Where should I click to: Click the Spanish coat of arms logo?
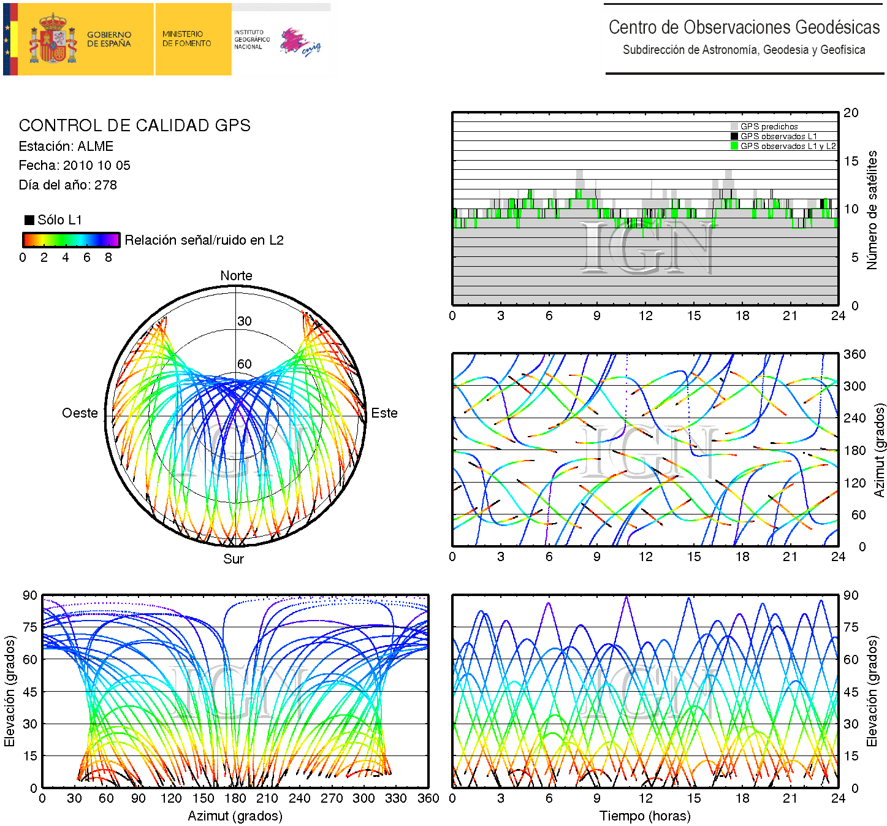pyautogui.click(x=53, y=39)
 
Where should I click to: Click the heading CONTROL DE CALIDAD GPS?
pyautogui.click(x=134, y=126)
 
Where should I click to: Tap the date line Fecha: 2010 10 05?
pyautogui.click(x=74, y=166)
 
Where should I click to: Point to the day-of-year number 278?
pyautogui.click(x=105, y=185)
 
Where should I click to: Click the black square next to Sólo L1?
pyautogui.click(x=29, y=220)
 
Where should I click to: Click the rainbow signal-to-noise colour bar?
pyautogui.click(x=71, y=240)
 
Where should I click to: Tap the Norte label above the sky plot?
pyautogui.click(x=236, y=276)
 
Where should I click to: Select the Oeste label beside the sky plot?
pyautogui.click(x=80, y=413)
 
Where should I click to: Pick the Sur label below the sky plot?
pyautogui.click(x=234, y=559)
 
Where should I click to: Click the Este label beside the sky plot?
pyautogui.click(x=384, y=413)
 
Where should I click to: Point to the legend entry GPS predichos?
pyautogui.click(x=769, y=126)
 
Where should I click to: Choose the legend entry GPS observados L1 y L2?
pyautogui.click(x=788, y=146)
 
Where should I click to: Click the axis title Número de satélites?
pyautogui.click(x=872, y=210)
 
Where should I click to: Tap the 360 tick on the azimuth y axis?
pyautogui.click(x=855, y=354)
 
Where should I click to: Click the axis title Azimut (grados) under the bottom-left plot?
pyautogui.click(x=235, y=816)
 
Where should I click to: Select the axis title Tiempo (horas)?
pyautogui.click(x=645, y=816)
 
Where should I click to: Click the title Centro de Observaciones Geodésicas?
pyautogui.click(x=744, y=28)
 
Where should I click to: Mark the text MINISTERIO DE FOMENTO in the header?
pyautogui.click(x=186, y=39)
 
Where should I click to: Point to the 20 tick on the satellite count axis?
pyautogui.click(x=851, y=113)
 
